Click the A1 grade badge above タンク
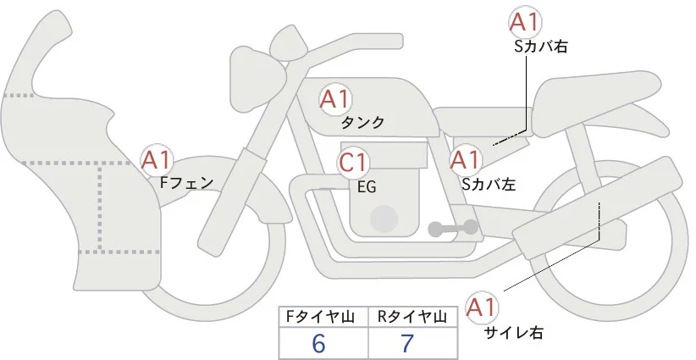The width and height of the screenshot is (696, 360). tap(334, 100)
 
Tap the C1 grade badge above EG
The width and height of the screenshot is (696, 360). tap(353, 163)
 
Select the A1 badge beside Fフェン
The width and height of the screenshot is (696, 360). tap(157, 160)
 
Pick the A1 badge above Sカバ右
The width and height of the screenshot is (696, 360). tap(525, 22)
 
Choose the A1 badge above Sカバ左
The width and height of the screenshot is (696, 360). tap(465, 160)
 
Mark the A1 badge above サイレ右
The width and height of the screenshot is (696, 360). tap(482, 307)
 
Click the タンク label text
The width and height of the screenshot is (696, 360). tap(362, 123)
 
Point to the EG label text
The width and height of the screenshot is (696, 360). tap(367, 187)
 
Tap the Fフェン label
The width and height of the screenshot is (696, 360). tap(187, 183)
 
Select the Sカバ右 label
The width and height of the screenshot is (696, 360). tap(541, 47)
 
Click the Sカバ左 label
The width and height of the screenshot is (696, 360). tap(489, 184)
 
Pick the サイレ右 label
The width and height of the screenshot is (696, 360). tap(514, 332)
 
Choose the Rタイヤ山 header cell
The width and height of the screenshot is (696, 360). tap(413, 317)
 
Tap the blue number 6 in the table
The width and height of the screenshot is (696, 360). tap(318, 343)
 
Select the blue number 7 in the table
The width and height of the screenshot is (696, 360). tap(407, 343)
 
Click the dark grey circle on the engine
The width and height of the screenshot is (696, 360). tap(384, 219)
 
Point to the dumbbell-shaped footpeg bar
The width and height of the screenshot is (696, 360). tap(453, 229)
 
